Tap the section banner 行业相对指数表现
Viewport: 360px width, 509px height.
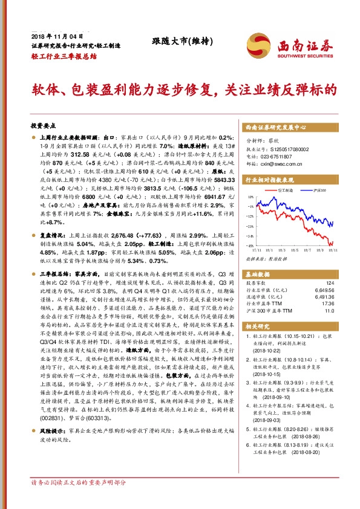pos(269,180)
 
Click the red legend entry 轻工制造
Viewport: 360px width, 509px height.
pos(285,192)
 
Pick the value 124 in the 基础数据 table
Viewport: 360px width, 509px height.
pos(330,283)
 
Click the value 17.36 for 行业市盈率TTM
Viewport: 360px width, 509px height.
pos(328,303)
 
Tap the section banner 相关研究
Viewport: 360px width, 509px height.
pos(257,326)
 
